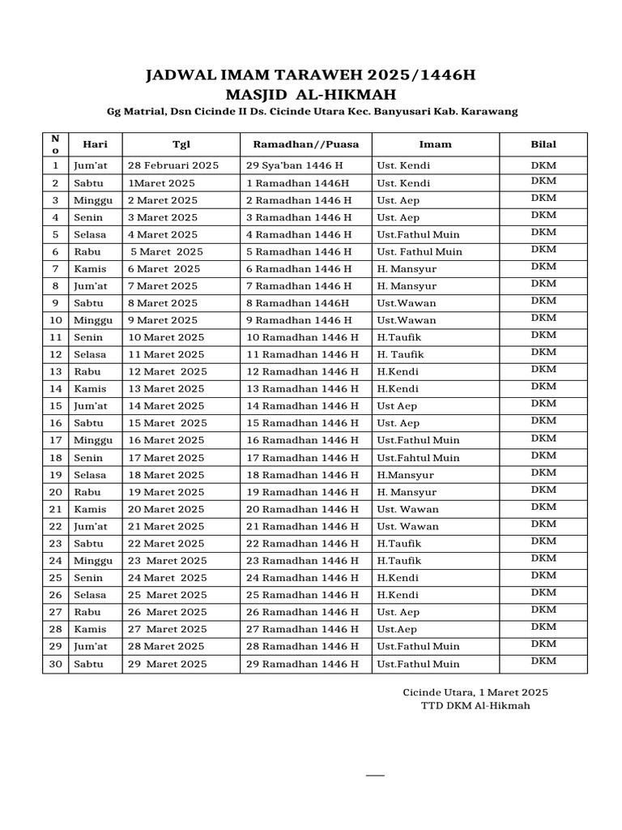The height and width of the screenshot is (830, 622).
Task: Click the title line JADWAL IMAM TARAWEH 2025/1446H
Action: click(310, 76)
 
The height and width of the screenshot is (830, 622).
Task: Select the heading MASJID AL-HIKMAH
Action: click(310, 94)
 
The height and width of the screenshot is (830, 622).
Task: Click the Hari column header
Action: click(96, 144)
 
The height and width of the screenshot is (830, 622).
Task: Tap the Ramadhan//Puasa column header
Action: click(306, 144)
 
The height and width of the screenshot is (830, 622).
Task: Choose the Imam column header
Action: click(435, 144)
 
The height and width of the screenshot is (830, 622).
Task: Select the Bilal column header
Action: click(543, 144)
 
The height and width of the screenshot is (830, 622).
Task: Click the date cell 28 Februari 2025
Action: click(173, 166)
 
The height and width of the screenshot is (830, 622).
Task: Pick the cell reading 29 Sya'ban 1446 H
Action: click(295, 166)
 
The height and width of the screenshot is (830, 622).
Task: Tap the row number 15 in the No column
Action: click(56, 406)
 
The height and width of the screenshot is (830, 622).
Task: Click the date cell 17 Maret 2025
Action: click(166, 458)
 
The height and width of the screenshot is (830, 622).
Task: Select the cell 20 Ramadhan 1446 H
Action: click(302, 509)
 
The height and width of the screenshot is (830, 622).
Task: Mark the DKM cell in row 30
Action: click(543, 661)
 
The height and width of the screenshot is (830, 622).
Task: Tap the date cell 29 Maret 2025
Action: click(168, 664)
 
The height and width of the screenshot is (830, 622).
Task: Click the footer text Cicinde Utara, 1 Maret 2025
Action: click(475, 691)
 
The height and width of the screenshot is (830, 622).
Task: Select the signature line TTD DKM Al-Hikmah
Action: click(475, 705)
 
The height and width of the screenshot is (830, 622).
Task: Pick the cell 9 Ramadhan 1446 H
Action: click(299, 320)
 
